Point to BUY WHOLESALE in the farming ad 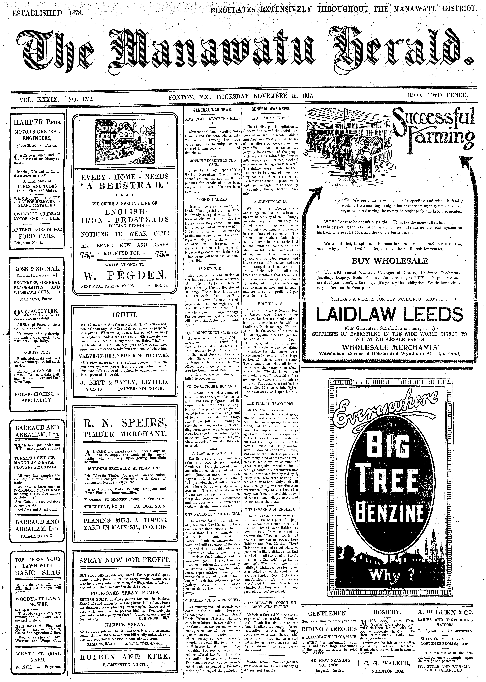(390, 261)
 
